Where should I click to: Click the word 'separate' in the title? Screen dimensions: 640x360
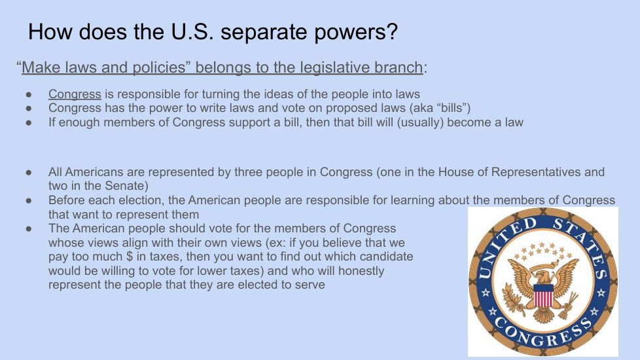click(x=263, y=32)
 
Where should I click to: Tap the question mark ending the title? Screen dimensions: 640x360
click(x=392, y=31)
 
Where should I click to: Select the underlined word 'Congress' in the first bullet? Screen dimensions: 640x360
click(x=75, y=94)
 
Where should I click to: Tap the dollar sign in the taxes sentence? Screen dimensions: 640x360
click(x=130, y=257)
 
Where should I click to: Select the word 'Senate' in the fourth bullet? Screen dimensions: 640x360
click(x=126, y=186)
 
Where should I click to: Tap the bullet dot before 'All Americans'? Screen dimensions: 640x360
click(x=29, y=172)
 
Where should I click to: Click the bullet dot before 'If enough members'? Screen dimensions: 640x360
click(x=29, y=122)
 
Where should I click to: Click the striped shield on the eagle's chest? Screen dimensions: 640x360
click(x=543, y=296)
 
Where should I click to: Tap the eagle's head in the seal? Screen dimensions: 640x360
click(x=544, y=276)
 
